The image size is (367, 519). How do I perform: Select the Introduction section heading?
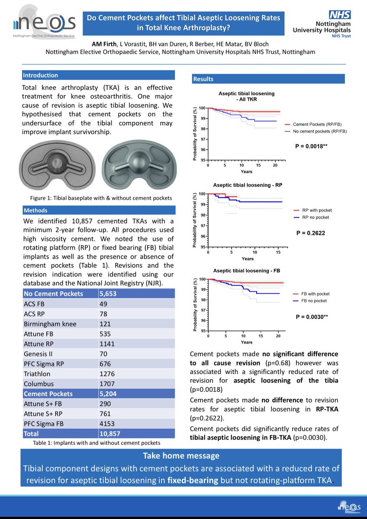pyautogui.click(x=40, y=75)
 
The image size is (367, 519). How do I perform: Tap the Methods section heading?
pyautogui.click(x=35, y=210)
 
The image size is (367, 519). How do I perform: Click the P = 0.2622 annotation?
pyautogui.click(x=310, y=233)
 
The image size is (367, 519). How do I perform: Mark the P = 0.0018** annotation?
pyautogui.click(x=311, y=147)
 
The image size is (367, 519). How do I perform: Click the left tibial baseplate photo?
pyautogui.click(x=57, y=165)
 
